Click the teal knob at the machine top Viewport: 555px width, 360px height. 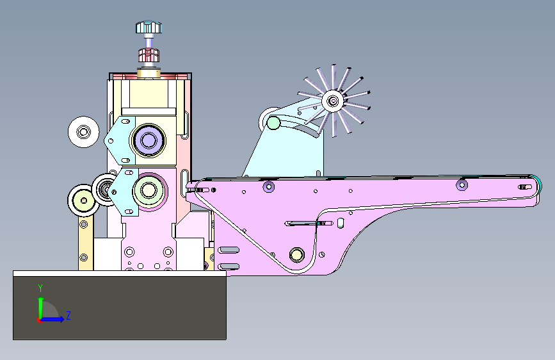pos(149,28)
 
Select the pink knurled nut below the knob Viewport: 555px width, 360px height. pos(149,55)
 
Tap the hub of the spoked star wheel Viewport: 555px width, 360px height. pos(332,101)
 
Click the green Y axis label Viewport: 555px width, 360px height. pos(40,288)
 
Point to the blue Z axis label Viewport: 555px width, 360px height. pos(68,315)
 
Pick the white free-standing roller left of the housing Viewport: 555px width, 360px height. pos(83,132)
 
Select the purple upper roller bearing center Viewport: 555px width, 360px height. pos(149,140)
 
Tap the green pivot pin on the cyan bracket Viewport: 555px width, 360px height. pos(273,123)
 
